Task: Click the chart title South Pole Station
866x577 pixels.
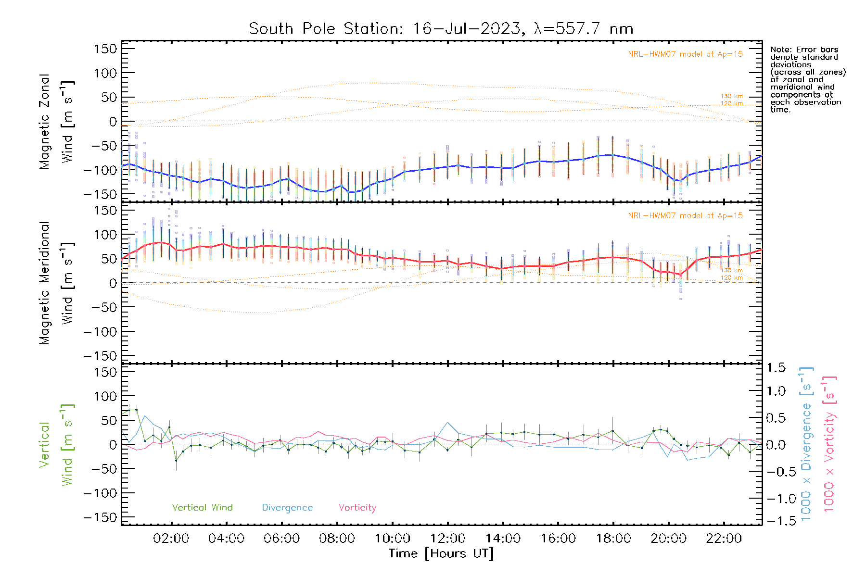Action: pos(441,29)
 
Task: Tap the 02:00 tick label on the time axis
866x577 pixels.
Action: pos(171,539)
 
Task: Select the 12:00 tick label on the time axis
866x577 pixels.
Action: pos(447,539)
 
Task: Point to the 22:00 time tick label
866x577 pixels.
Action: pos(724,539)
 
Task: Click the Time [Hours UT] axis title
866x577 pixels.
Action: pos(441,553)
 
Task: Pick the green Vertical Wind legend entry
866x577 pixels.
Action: pos(202,508)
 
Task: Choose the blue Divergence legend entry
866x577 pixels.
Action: pos(287,508)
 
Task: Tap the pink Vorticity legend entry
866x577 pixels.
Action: pos(357,508)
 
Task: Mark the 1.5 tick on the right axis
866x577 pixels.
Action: pos(776,368)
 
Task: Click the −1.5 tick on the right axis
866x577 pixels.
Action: pos(776,521)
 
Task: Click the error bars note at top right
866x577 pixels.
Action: pos(807,79)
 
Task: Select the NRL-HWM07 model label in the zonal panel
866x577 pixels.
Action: pos(685,54)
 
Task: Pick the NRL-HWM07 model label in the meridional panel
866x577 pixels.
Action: pos(685,216)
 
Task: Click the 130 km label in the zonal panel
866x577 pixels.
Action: pos(731,96)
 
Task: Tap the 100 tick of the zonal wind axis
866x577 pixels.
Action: pos(105,73)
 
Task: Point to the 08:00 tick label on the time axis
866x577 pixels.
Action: pos(337,539)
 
